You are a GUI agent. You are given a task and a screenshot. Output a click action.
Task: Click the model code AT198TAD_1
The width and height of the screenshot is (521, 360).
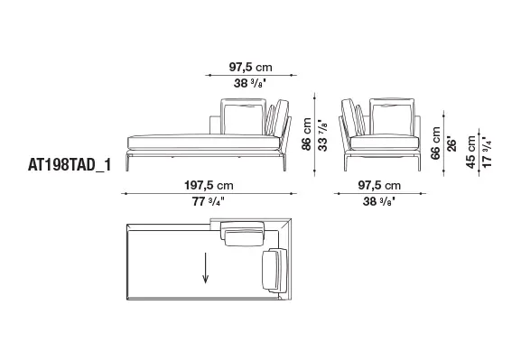pos(70,165)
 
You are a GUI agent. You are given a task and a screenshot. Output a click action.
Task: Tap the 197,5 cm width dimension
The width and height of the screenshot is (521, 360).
pos(209,185)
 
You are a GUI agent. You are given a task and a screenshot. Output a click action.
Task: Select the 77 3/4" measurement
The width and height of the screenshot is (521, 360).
pos(209,201)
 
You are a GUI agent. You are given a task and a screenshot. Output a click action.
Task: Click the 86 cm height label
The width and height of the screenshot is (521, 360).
pos(307,134)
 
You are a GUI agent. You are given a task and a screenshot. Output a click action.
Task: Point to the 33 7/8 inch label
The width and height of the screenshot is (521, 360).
pos(322,135)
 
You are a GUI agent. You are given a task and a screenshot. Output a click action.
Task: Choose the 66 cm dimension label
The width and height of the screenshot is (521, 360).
pos(435,143)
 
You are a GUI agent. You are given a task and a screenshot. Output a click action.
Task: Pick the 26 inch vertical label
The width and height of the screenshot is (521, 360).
pos(451,143)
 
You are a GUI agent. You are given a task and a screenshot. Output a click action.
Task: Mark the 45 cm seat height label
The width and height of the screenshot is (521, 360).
pos(470,152)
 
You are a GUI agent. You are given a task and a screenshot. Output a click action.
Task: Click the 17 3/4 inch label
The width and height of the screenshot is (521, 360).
pos(487,152)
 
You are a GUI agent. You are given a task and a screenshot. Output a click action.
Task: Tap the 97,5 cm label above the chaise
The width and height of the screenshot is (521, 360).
pos(250,67)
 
